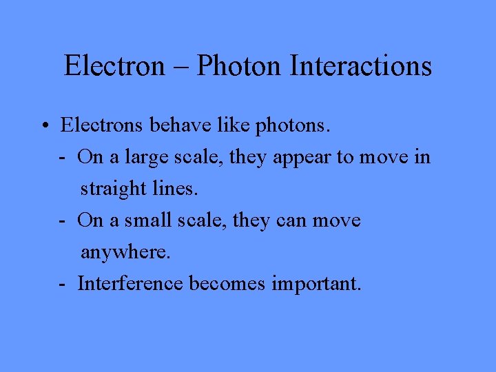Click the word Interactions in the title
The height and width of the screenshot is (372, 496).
361,66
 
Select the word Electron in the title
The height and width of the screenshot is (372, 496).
114,66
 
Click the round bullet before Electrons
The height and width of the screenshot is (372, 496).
43,127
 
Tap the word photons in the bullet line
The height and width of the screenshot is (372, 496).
293,126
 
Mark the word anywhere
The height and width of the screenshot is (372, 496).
125,252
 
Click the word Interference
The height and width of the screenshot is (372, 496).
130,283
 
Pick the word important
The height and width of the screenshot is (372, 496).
316,284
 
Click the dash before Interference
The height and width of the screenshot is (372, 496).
62,284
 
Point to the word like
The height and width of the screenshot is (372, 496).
231,125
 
